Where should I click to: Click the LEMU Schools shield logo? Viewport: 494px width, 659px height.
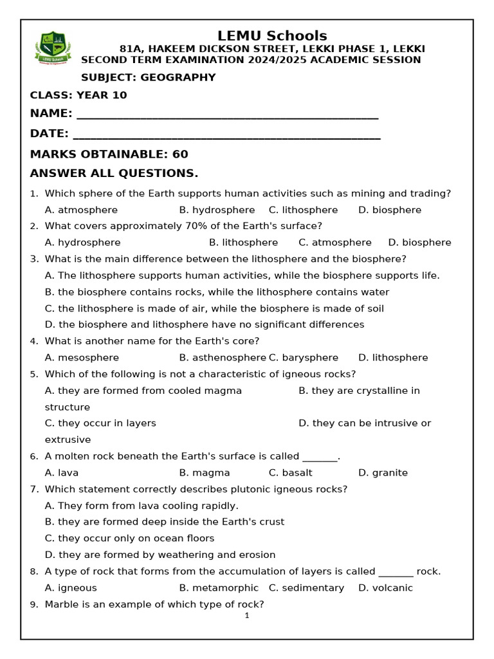tap(53, 48)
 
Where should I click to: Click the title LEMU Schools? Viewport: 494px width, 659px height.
tap(272, 36)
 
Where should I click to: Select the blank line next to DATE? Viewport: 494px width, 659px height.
tap(226, 136)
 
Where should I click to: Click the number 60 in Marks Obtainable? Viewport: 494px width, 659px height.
tap(180, 154)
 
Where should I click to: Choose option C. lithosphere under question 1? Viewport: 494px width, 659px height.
tap(303, 210)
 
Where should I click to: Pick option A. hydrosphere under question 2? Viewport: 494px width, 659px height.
tap(82, 243)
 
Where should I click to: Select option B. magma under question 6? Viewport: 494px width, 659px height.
tap(205, 473)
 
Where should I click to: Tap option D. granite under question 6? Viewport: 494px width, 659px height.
tap(383, 473)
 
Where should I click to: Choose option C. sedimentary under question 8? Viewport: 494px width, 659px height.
tap(306, 588)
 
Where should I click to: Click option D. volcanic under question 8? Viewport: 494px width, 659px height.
tap(385, 588)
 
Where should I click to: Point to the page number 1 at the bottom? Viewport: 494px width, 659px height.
tap(246, 616)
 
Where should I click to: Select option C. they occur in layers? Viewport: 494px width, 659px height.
tap(100, 423)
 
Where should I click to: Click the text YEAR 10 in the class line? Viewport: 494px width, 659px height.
tap(102, 96)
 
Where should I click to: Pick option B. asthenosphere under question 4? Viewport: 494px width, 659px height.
tap(223, 358)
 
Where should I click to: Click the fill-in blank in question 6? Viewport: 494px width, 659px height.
tap(319, 457)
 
